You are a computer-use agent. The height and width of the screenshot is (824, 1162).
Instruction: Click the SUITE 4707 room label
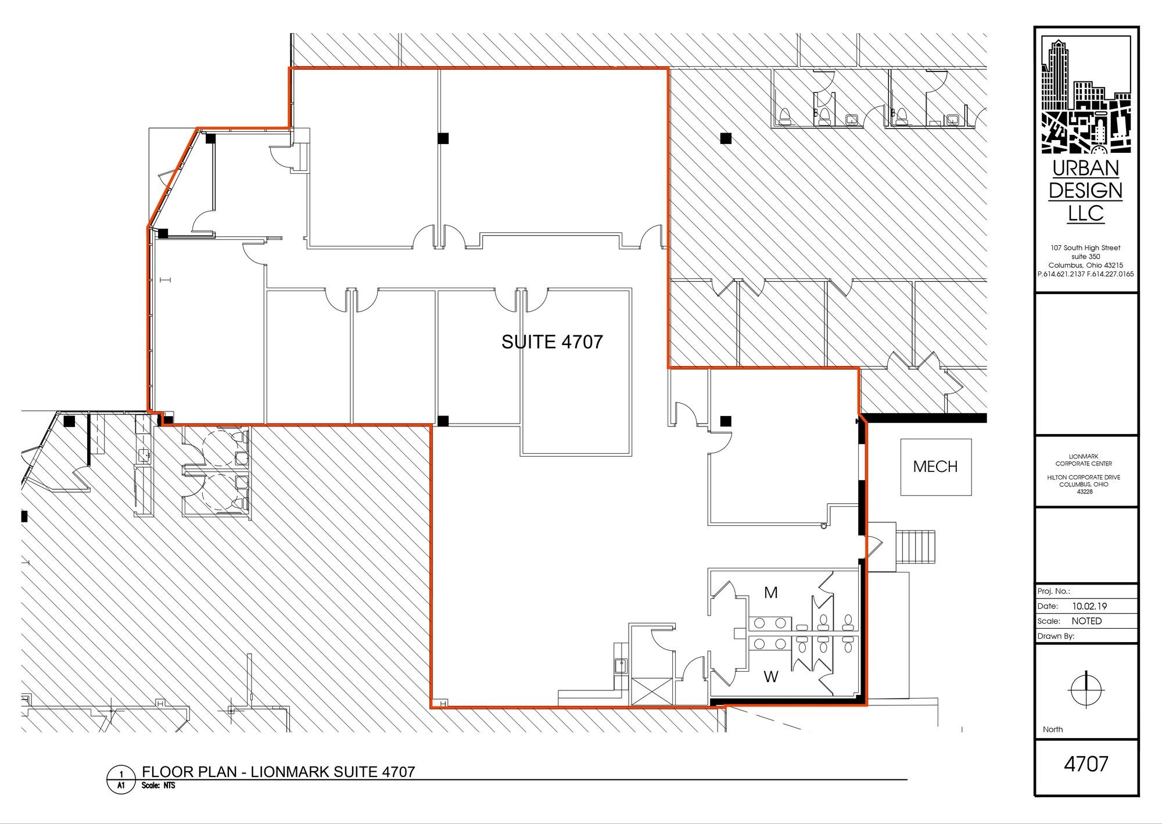[x=552, y=342]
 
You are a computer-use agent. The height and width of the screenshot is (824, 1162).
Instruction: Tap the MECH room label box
[x=936, y=467]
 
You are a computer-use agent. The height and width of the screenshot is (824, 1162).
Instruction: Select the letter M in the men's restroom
[x=771, y=593]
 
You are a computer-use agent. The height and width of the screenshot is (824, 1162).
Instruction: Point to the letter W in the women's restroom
[x=771, y=677]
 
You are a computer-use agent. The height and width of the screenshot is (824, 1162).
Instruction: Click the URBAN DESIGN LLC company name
[x=1086, y=191]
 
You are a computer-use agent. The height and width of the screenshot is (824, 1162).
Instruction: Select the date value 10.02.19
[x=1089, y=606]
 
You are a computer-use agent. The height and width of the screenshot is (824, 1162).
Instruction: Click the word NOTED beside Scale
[x=1086, y=621]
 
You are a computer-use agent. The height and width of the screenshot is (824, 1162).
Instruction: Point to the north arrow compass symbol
[x=1086, y=689]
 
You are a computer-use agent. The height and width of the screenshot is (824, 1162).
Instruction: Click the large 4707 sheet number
[x=1086, y=764]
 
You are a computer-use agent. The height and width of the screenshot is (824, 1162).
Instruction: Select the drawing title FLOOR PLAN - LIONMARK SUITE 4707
[x=278, y=772]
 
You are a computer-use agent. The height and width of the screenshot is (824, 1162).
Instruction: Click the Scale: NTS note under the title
[x=158, y=786]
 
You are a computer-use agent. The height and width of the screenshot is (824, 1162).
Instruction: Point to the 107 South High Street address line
[x=1085, y=248]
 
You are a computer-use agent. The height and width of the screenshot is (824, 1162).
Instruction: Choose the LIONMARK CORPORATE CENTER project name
[x=1084, y=460]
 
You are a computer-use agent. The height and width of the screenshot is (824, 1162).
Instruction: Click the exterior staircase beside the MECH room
[x=917, y=546]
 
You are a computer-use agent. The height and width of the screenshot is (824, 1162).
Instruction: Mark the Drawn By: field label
[x=1056, y=636]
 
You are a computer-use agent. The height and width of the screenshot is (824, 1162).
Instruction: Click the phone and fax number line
[x=1085, y=274]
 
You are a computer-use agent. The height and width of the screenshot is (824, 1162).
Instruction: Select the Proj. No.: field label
[x=1053, y=592]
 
